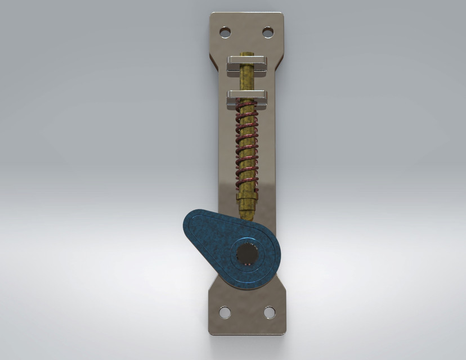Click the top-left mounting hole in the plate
point(225,32)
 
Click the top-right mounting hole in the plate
point(268,32)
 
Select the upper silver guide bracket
point(247,65)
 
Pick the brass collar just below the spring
point(247,194)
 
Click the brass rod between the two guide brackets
point(247,82)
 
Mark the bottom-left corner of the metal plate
point(211,333)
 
